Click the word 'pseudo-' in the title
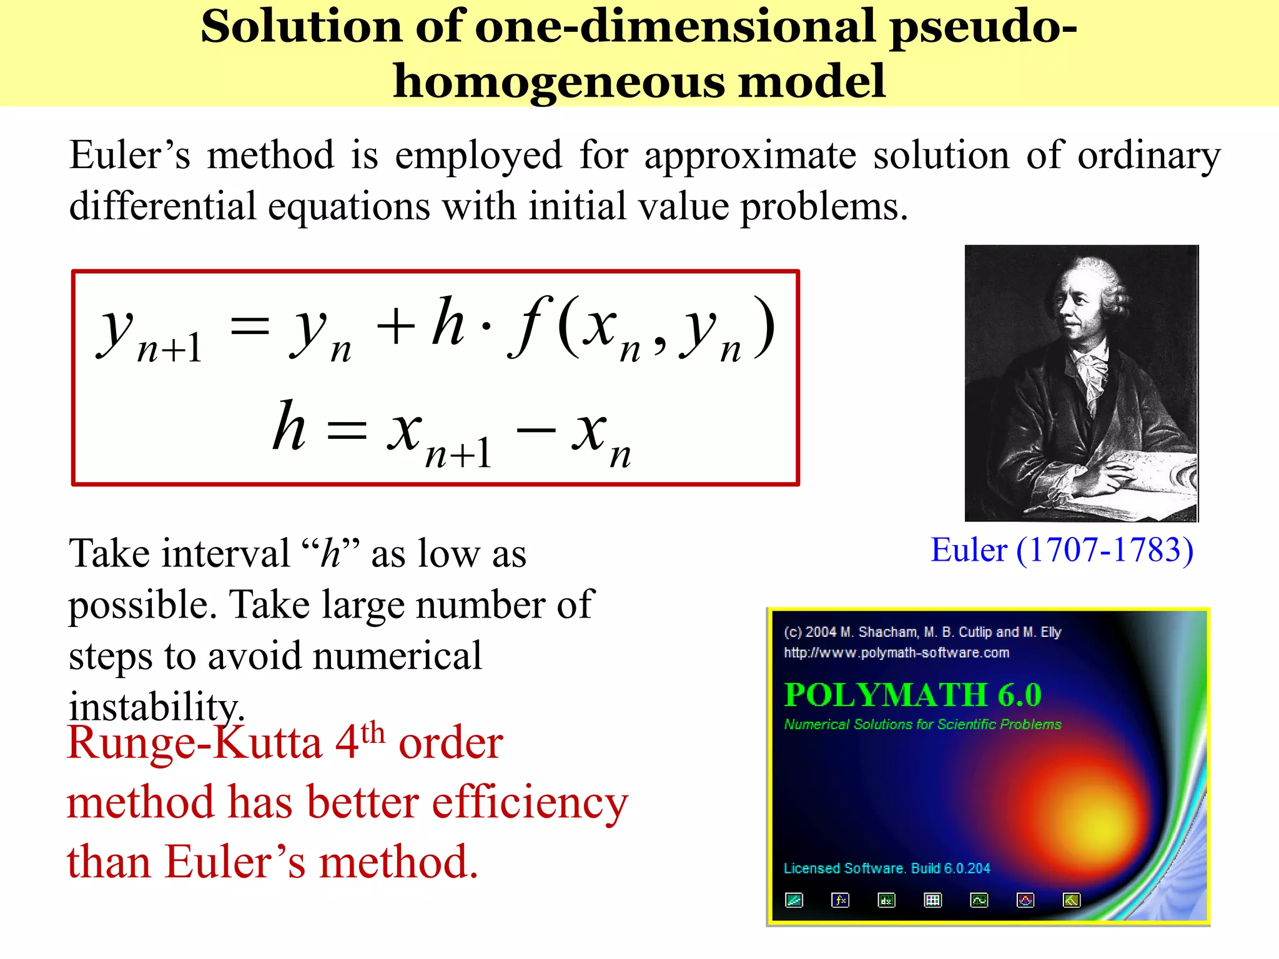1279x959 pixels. [x=983, y=28]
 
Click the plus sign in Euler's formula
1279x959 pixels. [x=395, y=327]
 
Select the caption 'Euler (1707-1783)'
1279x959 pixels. [x=1062, y=551]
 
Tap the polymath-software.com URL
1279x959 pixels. [x=896, y=653]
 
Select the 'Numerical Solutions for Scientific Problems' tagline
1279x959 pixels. [x=922, y=724]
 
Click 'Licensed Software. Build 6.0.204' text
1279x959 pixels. [x=887, y=868]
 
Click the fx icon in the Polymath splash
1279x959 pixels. [x=840, y=900]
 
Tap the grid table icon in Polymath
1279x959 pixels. [x=932, y=900]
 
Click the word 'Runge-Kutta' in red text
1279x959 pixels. [x=194, y=744]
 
